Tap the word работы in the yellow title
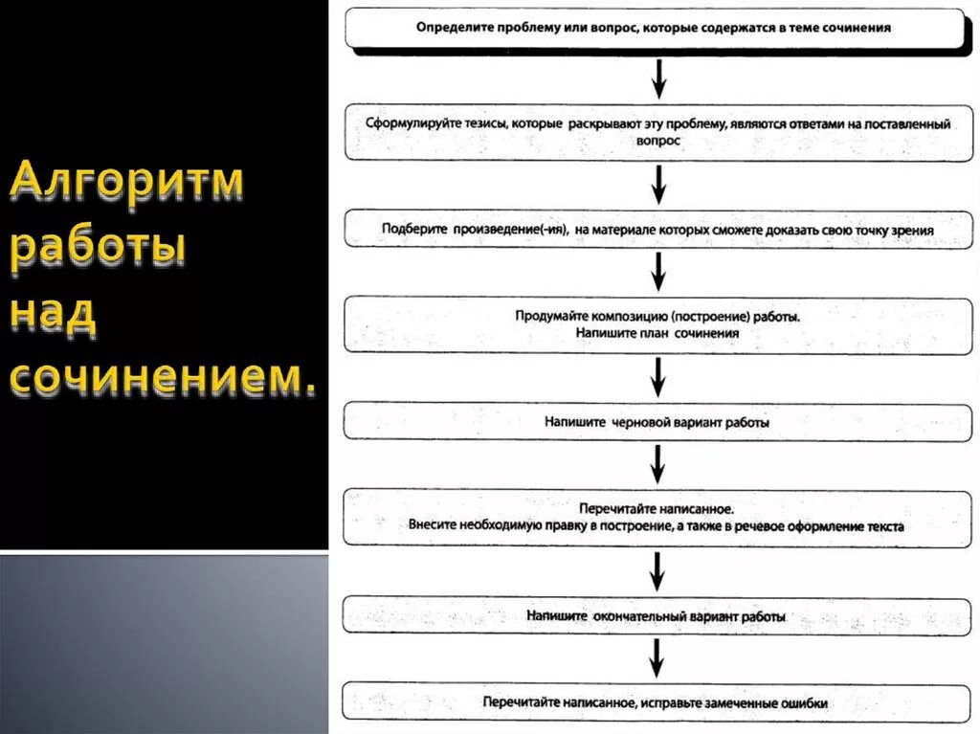click(x=99, y=251)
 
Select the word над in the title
click(x=54, y=316)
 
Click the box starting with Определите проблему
click(x=655, y=28)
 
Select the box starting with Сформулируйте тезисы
click(x=655, y=132)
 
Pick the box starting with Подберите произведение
click(x=655, y=230)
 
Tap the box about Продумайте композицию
click(x=655, y=323)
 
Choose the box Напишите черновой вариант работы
click(x=655, y=421)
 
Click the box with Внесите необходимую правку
click(x=655, y=517)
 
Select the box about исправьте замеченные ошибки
click(x=655, y=702)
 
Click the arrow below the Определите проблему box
click(x=657, y=78)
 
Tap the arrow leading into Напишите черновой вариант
click(x=657, y=375)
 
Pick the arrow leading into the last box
click(x=657, y=658)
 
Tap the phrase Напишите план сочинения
click(x=657, y=333)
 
